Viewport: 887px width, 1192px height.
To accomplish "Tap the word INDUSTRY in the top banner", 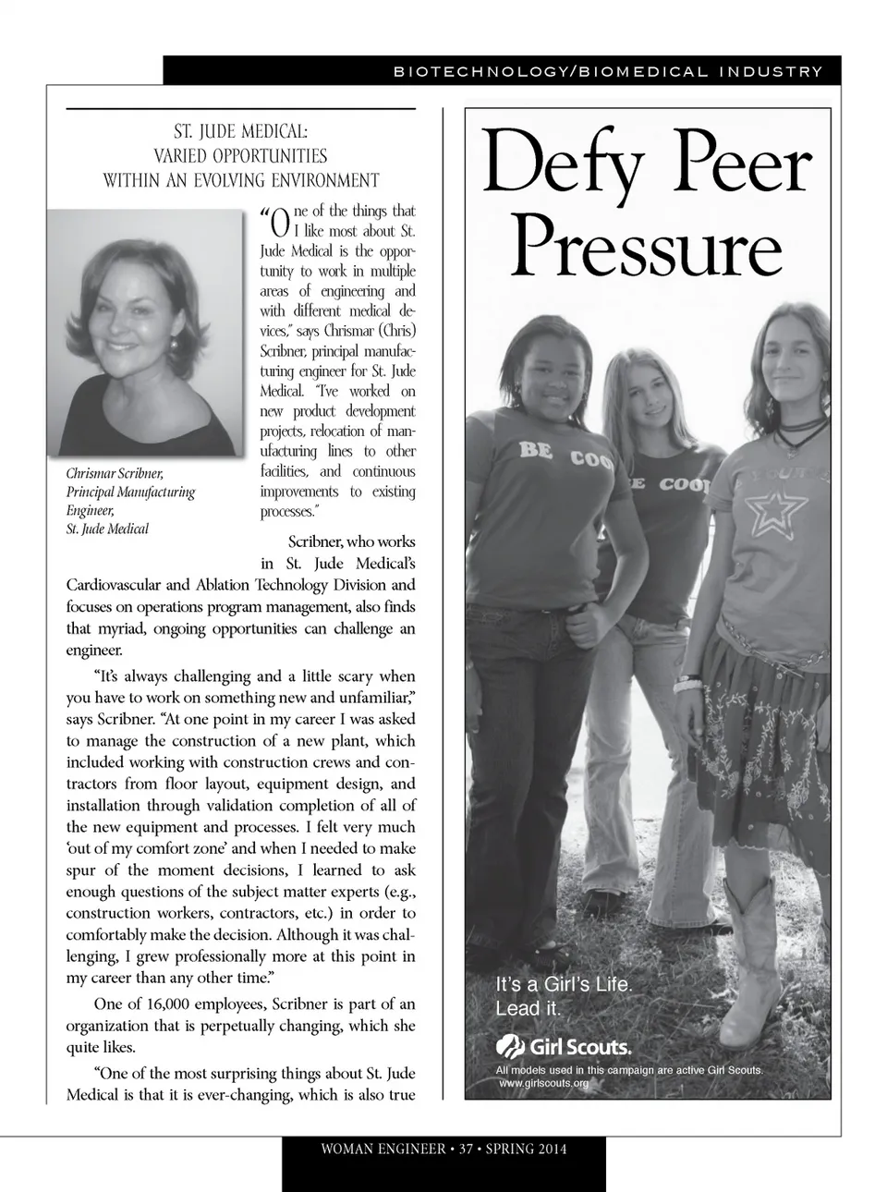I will [770, 71].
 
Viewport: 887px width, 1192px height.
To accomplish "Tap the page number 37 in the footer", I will [467, 1149].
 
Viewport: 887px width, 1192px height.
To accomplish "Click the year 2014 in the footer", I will [551, 1149].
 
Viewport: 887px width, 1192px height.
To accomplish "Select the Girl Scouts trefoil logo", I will [511, 1046].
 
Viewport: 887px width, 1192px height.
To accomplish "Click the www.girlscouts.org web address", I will [543, 1083].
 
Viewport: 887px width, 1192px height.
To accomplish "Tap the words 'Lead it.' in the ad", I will [529, 1008].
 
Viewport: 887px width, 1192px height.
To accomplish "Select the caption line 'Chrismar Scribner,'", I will [115, 473].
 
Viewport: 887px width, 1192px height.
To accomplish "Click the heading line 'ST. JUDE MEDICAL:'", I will [241, 132].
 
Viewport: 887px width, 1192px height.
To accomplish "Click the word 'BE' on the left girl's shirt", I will [536, 450].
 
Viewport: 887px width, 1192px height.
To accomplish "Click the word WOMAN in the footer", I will [350, 1149].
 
